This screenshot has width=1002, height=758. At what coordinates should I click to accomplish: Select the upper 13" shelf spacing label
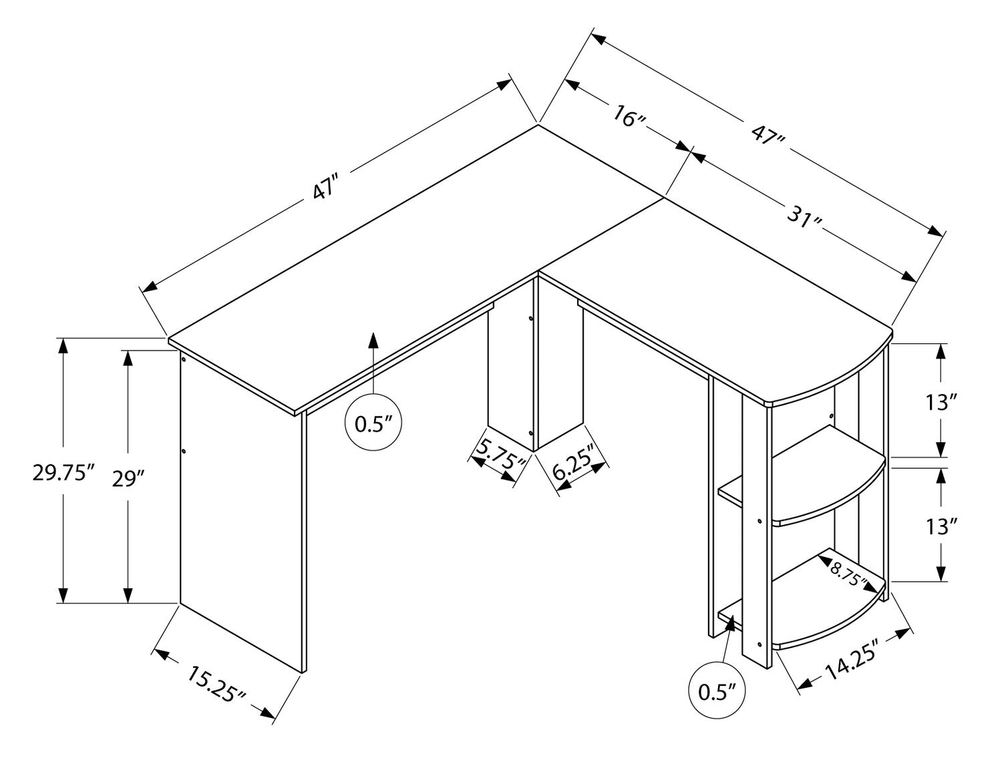tap(942, 402)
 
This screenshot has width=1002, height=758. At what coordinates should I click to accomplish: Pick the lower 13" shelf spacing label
tap(942, 527)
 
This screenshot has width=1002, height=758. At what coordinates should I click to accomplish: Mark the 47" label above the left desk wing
tap(325, 188)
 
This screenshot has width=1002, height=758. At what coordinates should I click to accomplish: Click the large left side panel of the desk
tap(240, 508)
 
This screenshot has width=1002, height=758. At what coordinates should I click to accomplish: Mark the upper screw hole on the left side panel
tap(182, 359)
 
